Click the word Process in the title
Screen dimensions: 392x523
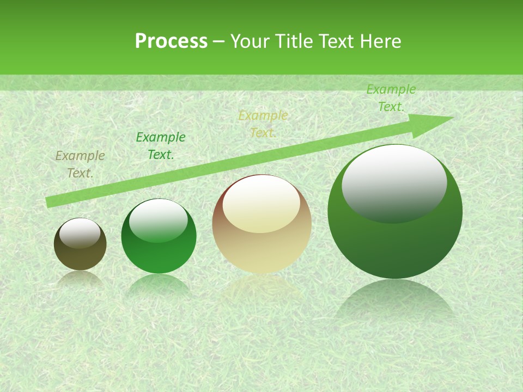coord(171,41)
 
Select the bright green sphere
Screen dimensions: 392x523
coord(159,250)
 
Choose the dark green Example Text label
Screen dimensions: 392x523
coord(160,146)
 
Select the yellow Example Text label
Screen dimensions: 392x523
coord(263,124)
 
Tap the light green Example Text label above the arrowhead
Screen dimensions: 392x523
coord(391,98)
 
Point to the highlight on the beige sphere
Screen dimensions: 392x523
coord(261,204)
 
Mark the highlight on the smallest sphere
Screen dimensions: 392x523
coord(80,233)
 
